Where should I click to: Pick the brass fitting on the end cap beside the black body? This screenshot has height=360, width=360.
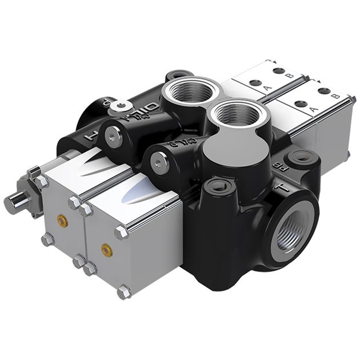[106, 250]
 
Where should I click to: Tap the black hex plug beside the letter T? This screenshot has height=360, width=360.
[218, 186]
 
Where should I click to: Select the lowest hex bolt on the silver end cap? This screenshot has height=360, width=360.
[123, 293]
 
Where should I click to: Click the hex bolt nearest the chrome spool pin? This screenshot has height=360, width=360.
[42, 181]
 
